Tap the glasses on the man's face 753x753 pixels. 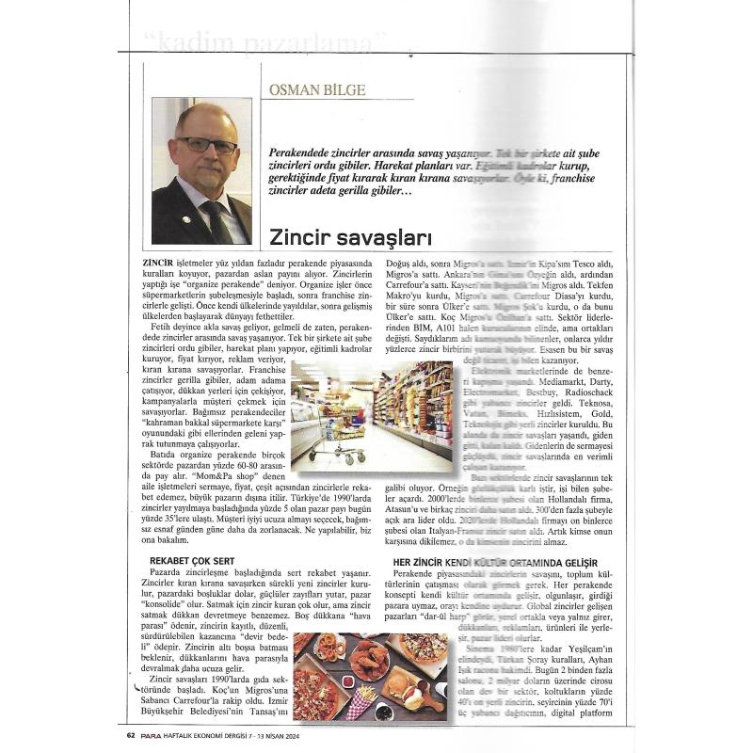point(206,144)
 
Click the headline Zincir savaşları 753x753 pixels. point(336,233)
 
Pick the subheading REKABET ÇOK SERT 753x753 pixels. point(193,560)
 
